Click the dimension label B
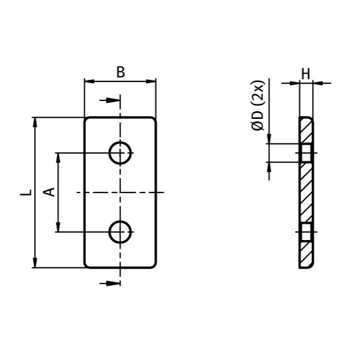coord(120,72)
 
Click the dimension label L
coord(25,193)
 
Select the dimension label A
coord(49,192)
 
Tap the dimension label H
coord(305,73)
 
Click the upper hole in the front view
coord(119,153)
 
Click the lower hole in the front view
coord(119,232)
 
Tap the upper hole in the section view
coord(306,153)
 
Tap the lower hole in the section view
coord(306,232)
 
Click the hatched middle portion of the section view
coord(306,193)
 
